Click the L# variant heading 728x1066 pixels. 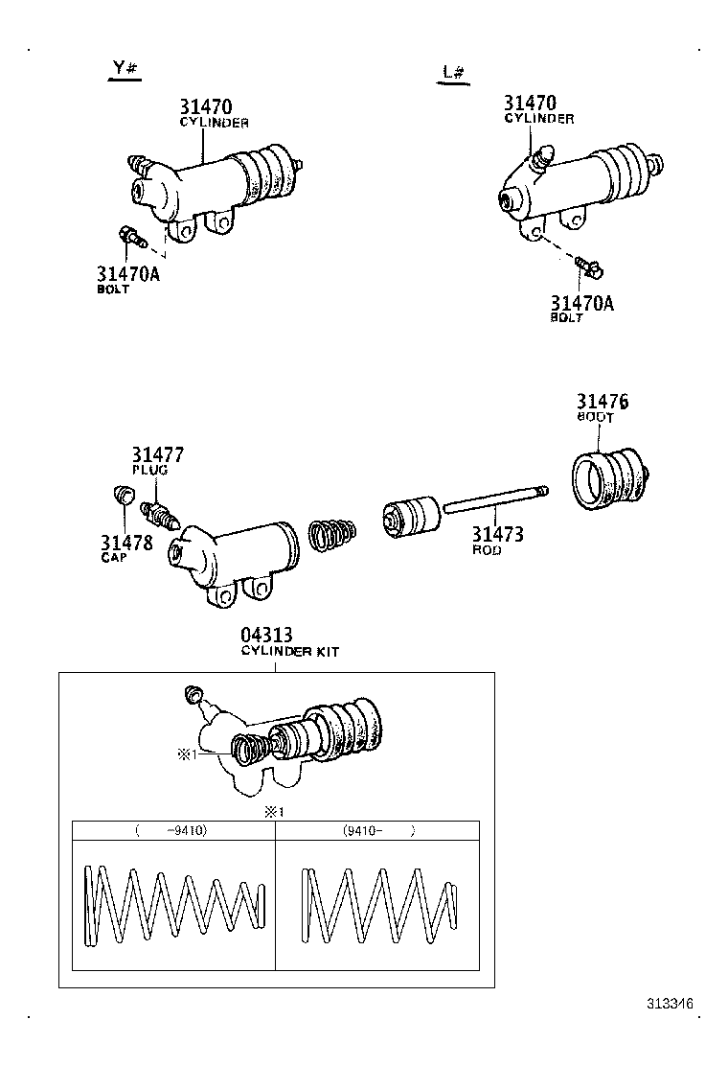point(454,73)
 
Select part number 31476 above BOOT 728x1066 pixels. point(602,402)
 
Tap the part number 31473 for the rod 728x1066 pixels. point(497,534)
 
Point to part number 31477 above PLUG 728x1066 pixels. point(157,455)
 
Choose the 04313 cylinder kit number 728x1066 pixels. point(266,636)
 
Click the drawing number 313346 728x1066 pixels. point(669,1004)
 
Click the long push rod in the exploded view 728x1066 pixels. point(494,504)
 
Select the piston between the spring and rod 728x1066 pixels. point(409,518)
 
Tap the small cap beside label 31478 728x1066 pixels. point(122,496)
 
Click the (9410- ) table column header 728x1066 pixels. point(377,831)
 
